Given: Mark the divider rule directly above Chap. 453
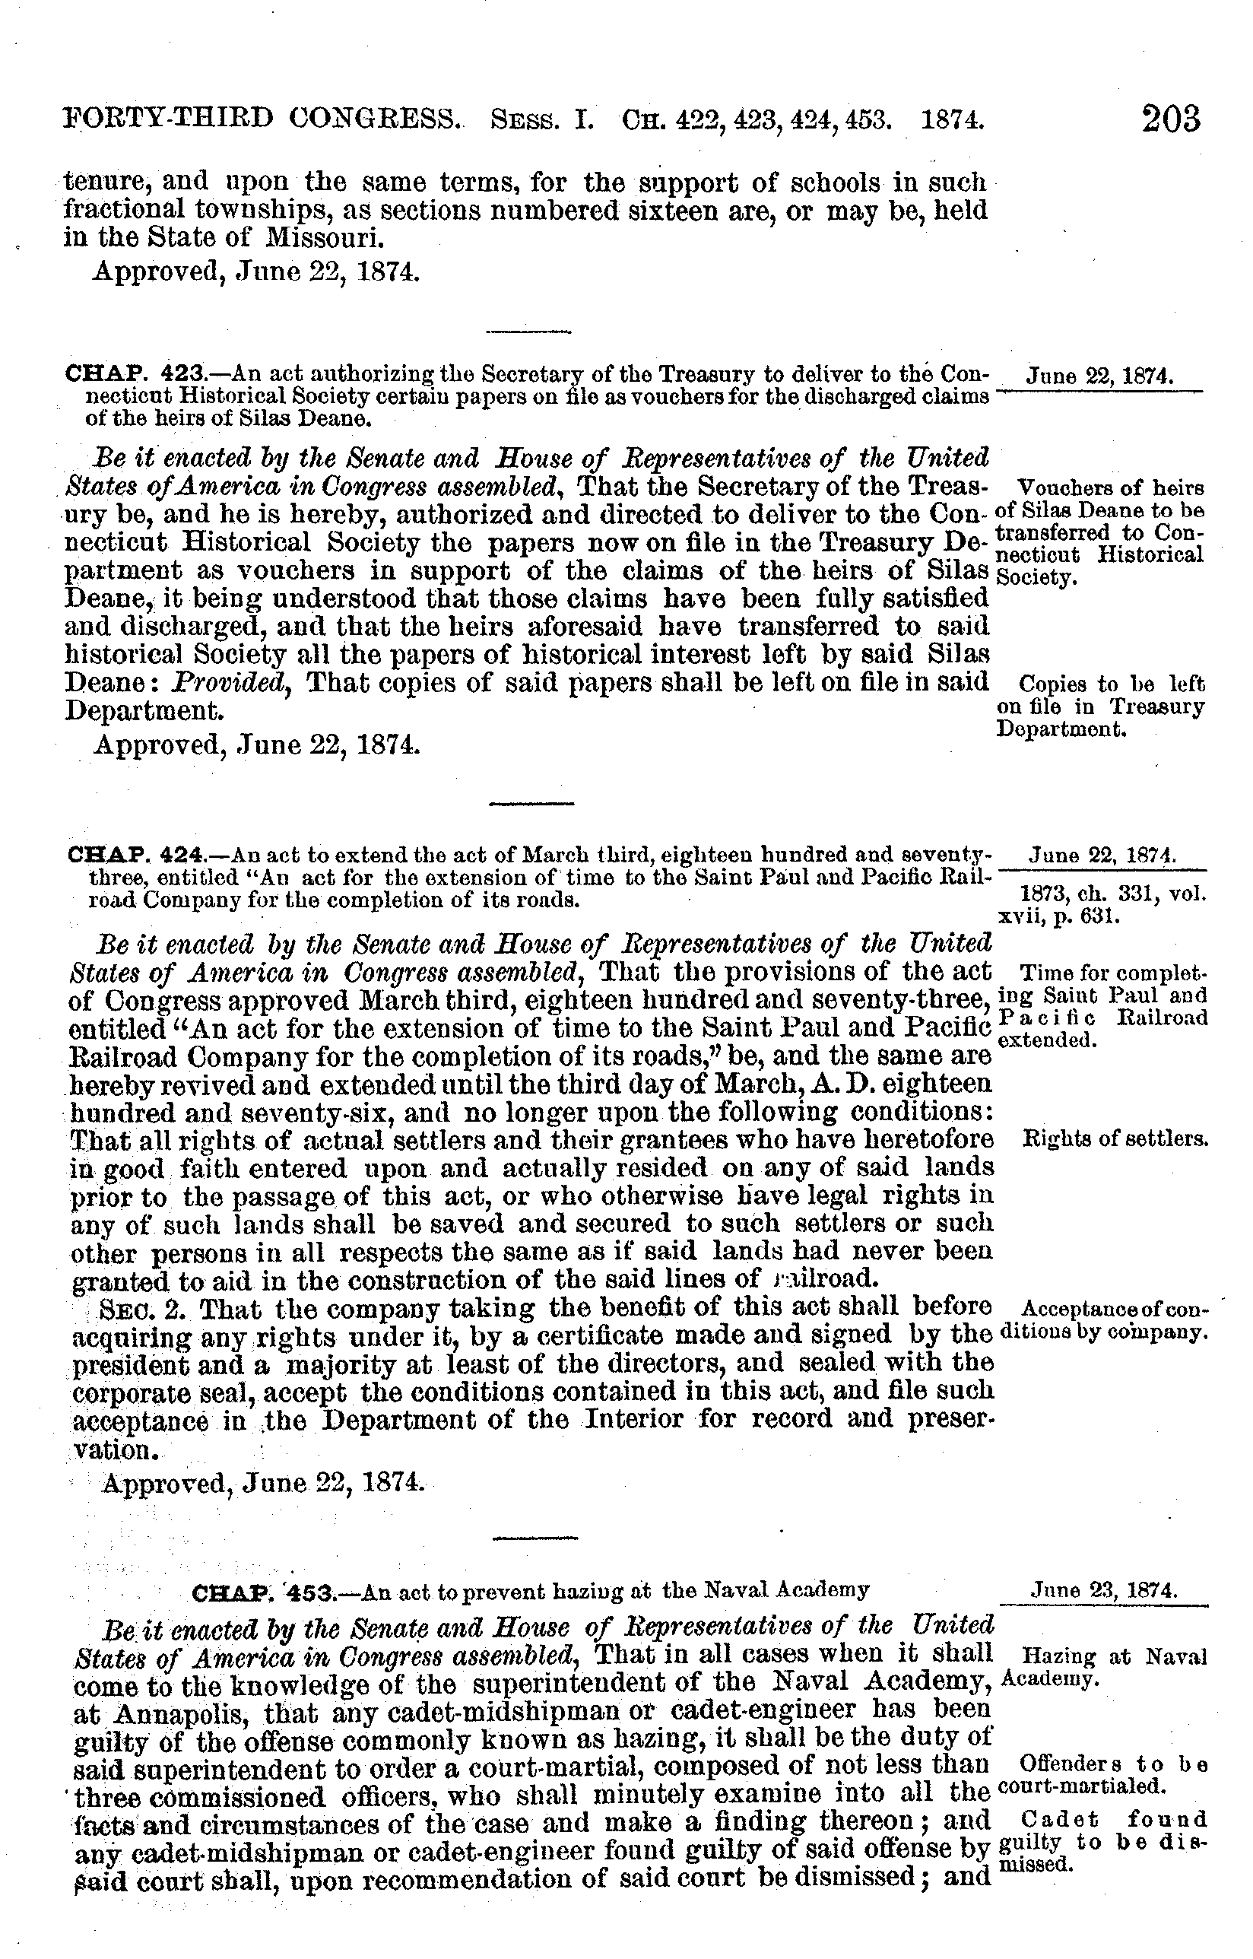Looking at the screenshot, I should click(535, 1538).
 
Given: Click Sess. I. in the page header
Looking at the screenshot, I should click(541, 122).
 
